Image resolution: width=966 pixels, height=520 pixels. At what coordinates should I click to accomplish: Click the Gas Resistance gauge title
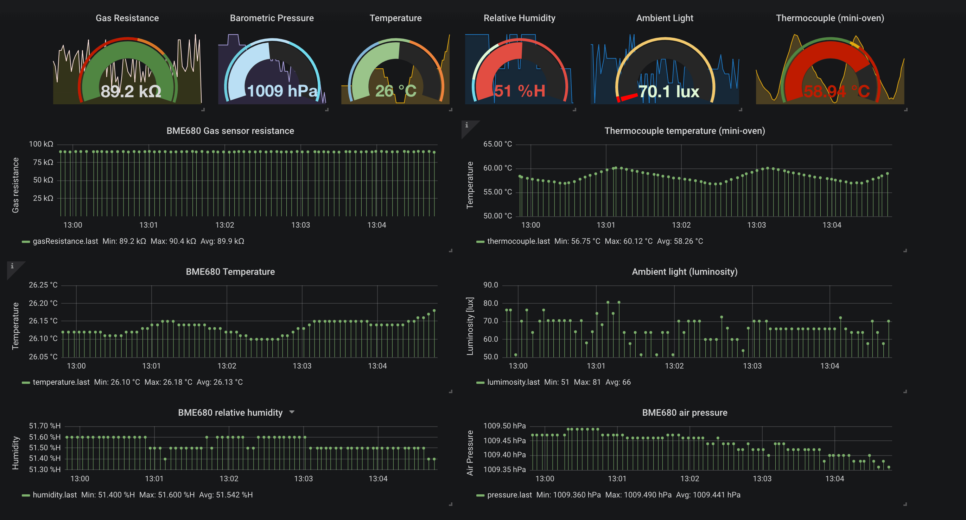click(127, 18)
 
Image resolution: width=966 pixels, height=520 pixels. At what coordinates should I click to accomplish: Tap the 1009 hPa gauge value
click(282, 91)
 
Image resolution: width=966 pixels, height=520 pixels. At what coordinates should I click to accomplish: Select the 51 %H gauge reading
click(519, 91)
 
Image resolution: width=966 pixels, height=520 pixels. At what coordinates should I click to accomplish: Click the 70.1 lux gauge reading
click(669, 91)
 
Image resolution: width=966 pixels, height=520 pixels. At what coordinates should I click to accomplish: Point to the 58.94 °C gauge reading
click(836, 91)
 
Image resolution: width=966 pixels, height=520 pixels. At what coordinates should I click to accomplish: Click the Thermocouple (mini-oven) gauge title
click(830, 18)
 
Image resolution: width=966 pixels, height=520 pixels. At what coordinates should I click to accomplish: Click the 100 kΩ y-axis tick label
click(41, 144)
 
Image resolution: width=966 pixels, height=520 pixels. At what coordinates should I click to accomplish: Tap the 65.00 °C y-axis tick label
click(497, 144)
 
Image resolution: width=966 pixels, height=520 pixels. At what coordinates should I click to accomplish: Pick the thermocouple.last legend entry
click(518, 241)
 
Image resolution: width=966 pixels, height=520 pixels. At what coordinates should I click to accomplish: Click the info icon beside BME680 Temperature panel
click(12, 266)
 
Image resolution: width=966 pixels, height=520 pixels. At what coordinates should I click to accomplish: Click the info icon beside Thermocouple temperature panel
click(466, 125)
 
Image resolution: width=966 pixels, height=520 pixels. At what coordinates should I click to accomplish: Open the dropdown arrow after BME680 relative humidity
click(292, 412)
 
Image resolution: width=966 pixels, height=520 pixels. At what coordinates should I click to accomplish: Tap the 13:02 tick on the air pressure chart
click(689, 478)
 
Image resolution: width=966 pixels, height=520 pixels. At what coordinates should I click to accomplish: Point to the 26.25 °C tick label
click(43, 285)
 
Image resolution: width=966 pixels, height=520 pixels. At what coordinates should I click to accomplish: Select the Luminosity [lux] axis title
click(470, 326)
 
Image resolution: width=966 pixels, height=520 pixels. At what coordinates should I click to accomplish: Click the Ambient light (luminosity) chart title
click(684, 272)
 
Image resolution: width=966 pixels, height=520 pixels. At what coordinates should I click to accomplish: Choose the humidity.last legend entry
click(55, 495)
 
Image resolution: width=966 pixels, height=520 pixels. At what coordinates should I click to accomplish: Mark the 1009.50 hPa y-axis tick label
click(504, 426)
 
